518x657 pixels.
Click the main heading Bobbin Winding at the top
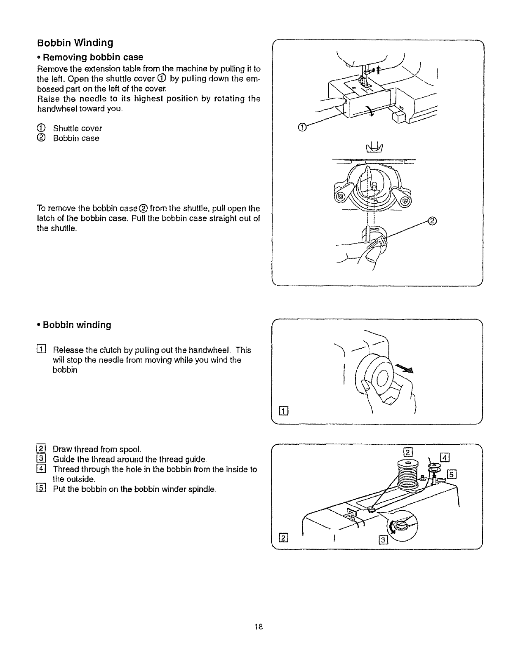[75, 43]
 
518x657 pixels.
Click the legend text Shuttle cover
[77, 128]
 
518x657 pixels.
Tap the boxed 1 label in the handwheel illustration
[283, 410]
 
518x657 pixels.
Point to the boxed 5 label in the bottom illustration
[452, 474]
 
